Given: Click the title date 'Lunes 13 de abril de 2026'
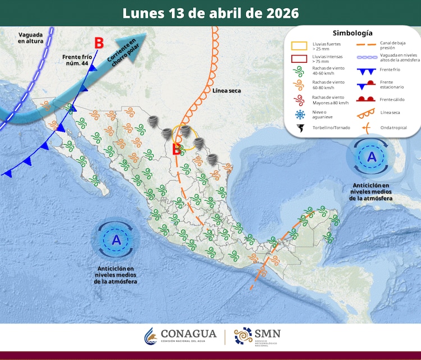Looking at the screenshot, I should tap(210, 12).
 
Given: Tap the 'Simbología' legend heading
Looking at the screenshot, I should tap(352, 33).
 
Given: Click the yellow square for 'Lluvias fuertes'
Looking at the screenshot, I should tap(300, 46).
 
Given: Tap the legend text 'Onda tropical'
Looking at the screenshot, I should tap(393, 127).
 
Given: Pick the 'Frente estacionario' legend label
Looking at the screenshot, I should tap(392, 85).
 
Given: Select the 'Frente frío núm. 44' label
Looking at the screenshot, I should tap(77, 60).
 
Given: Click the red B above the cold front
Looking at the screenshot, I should tap(99, 43).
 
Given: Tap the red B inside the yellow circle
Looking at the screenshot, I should tap(176, 149).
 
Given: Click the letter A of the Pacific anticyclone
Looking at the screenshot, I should tap(116, 240).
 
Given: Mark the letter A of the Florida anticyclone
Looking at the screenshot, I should tap(371, 158).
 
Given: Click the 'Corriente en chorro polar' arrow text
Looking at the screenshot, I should tap(122, 50).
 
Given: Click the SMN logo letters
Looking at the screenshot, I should tap(267, 334).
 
